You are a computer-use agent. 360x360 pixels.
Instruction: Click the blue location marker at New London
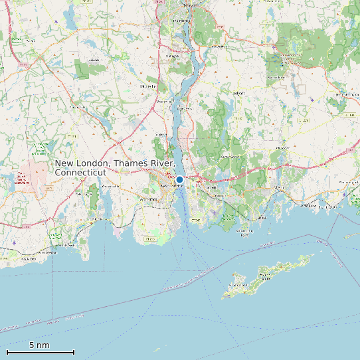(x=179, y=179)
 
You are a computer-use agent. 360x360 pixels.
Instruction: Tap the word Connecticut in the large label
(x=80, y=173)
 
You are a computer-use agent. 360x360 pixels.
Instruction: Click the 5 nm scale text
(x=39, y=345)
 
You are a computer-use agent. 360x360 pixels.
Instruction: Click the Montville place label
(x=148, y=86)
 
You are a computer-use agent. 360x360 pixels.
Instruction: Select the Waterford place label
(x=147, y=199)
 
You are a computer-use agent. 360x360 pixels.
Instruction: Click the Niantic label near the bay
(x=98, y=219)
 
